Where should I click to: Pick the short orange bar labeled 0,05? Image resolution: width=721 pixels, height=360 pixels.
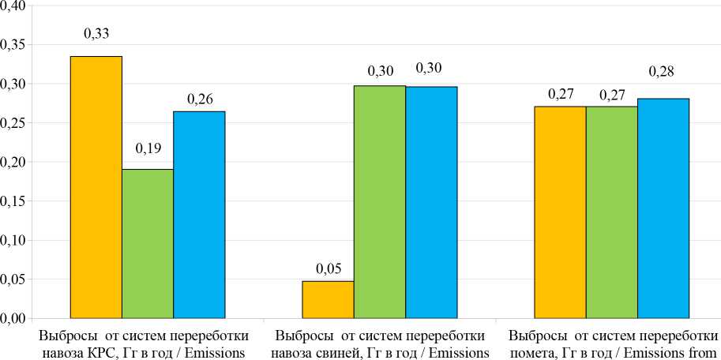[x=329, y=299]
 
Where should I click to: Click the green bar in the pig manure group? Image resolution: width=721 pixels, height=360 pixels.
[x=380, y=201]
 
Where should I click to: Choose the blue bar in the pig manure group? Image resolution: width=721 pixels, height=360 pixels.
[x=431, y=202]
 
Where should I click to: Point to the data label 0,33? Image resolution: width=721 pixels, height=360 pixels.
[x=96, y=33]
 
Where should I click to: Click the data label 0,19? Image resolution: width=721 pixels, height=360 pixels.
[x=148, y=148]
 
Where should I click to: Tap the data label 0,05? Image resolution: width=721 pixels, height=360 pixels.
[x=329, y=269]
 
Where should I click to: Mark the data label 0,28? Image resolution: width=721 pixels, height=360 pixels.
[x=661, y=72]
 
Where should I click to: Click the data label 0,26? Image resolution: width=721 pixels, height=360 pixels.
[x=199, y=99]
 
